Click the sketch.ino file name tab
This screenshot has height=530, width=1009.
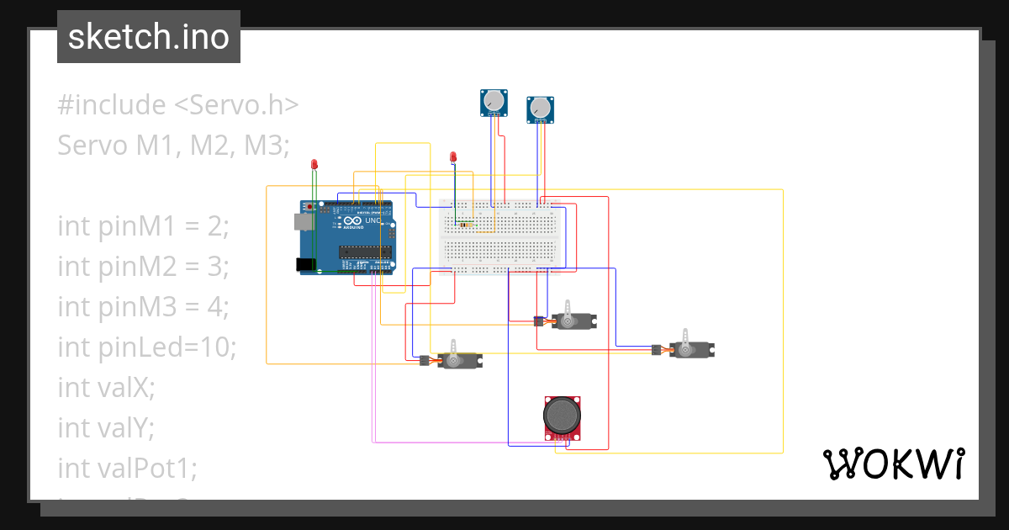point(148,37)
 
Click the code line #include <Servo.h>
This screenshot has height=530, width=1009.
point(177,105)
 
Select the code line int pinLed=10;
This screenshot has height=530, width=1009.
point(146,347)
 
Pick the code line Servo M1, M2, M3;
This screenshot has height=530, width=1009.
point(173,146)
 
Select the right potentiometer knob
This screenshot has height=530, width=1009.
point(540,109)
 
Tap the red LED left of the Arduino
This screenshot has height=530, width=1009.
point(314,163)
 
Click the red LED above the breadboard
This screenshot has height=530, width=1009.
point(453,156)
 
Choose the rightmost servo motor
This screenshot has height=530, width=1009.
point(691,348)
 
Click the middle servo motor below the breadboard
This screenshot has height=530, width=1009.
point(573,320)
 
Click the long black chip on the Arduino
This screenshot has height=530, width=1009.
point(366,250)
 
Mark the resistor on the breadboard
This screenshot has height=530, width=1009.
point(464,224)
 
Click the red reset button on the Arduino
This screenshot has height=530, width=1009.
point(311,206)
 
